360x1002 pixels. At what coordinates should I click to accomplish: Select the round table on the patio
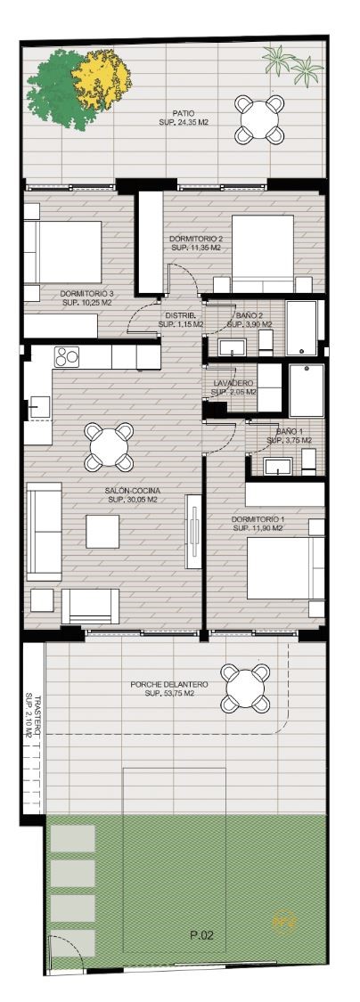click(x=259, y=118)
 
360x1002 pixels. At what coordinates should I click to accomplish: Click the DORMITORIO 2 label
click(x=195, y=239)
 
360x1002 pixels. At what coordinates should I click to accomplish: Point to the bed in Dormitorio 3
click(x=63, y=252)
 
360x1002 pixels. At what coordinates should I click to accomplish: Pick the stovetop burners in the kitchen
click(x=67, y=356)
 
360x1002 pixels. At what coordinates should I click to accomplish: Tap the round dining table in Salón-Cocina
click(x=109, y=447)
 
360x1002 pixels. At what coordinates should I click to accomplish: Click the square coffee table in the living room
click(x=102, y=531)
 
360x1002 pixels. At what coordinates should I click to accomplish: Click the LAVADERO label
click(x=234, y=383)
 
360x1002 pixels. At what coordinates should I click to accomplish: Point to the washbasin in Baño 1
click(x=277, y=467)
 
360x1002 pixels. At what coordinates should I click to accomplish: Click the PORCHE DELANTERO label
click(x=168, y=684)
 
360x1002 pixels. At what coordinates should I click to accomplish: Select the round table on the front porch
click(x=246, y=688)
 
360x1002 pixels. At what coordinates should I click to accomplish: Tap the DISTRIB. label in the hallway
click(x=180, y=316)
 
